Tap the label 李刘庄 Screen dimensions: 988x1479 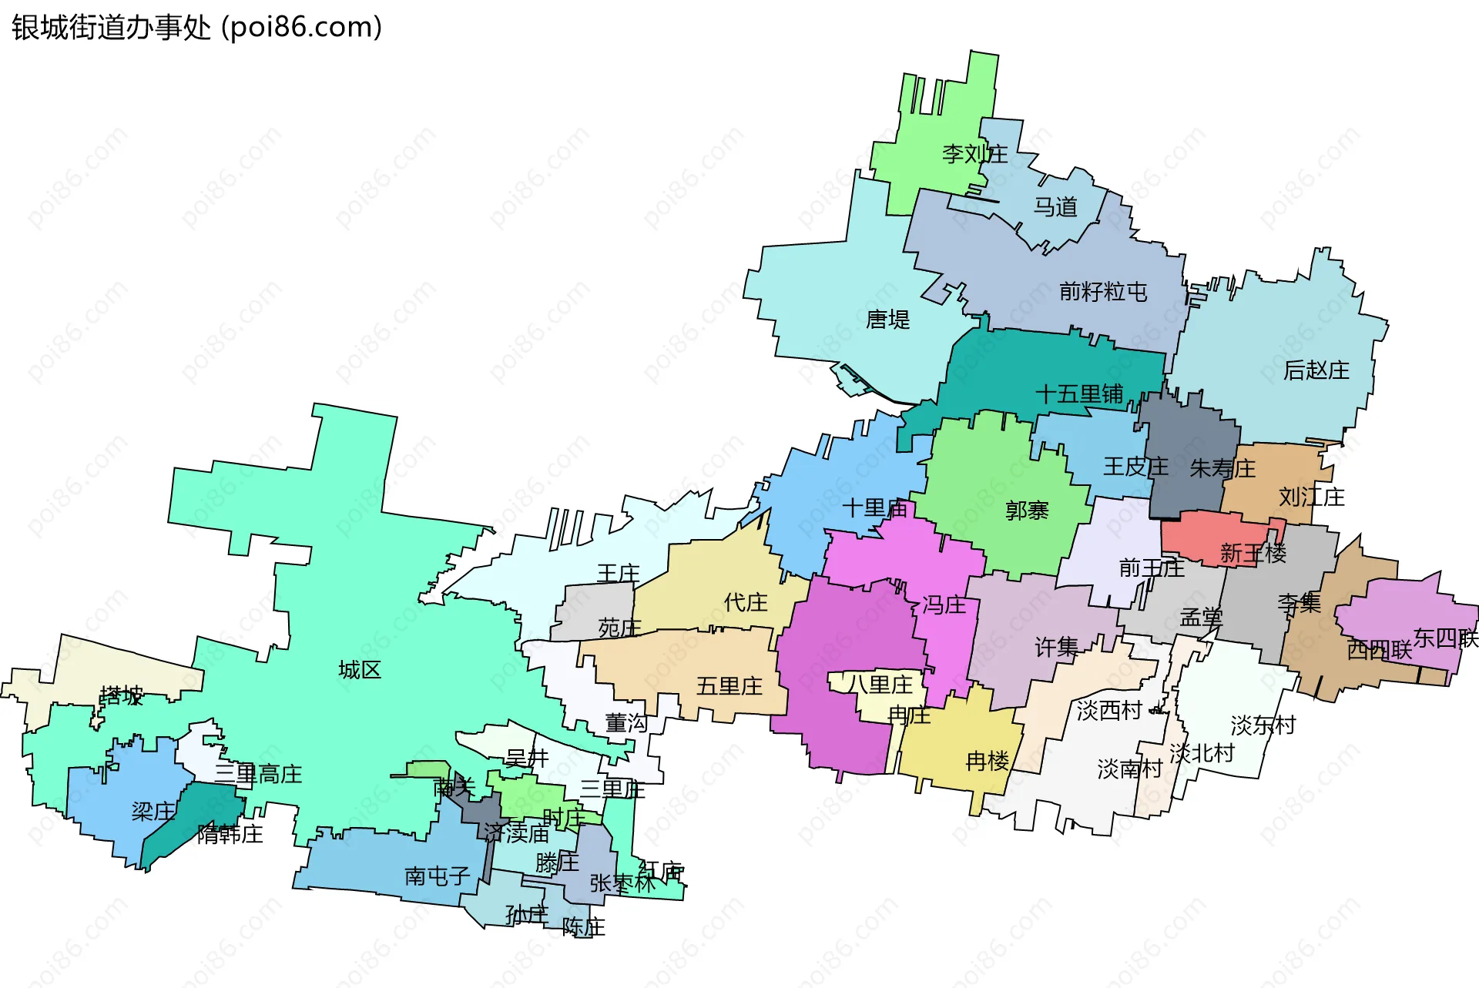(974, 154)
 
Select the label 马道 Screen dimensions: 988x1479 (1055, 207)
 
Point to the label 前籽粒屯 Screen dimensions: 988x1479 (1102, 292)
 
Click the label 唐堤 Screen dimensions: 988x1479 (887, 320)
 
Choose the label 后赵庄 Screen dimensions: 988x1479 (1316, 371)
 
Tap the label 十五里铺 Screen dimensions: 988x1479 (1078, 394)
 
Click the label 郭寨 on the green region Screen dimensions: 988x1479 (1026, 511)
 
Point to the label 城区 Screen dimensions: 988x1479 (360, 670)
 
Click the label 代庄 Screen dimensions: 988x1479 (745, 602)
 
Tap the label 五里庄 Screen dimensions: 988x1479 (729, 686)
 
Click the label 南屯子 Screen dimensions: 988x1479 (437, 876)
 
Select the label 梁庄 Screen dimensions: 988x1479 (153, 812)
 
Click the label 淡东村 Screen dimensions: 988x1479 (1263, 725)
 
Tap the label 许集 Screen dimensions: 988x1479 (1055, 648)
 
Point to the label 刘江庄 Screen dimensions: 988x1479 (1311, 497)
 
